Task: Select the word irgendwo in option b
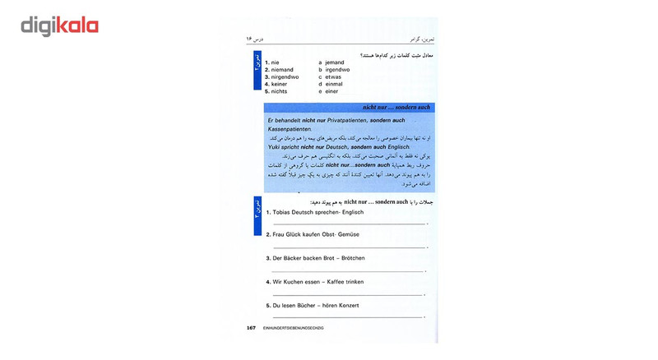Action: [337, 70]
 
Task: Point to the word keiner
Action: [280, 85]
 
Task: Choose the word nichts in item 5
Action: [280, 92]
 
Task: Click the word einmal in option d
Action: [334, 85]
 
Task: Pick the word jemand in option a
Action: [335, 62]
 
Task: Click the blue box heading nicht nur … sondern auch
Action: [396, 108]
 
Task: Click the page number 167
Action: [251, 328]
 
